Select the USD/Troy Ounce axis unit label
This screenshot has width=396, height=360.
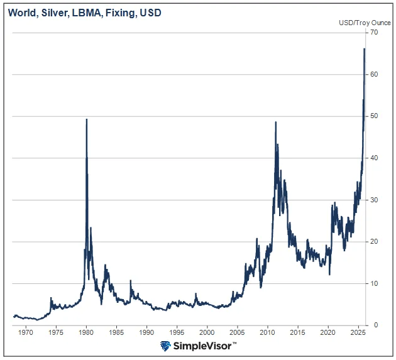coord(365,23)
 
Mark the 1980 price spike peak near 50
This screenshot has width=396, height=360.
coord(86,119)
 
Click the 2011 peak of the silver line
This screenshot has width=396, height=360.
coord(276,123)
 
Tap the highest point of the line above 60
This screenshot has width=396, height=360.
coord(365,49)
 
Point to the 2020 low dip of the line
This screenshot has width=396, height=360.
coord(330,274)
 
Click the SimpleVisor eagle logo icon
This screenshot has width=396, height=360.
coord(165,346)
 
